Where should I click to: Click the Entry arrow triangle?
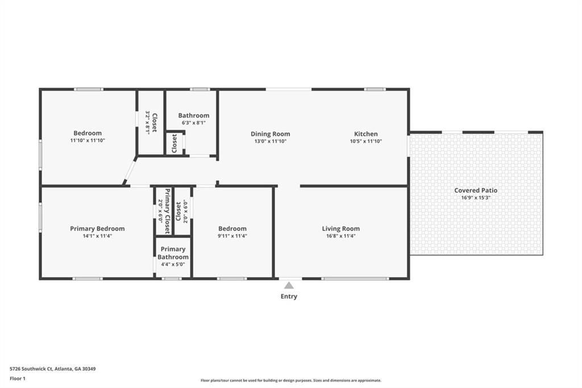(289, 286)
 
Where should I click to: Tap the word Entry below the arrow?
(289, 296)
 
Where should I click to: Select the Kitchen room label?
(366, 134)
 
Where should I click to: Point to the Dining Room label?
(270, 134)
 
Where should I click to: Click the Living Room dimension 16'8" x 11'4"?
(341, 236)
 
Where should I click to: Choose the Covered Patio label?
(476, 190)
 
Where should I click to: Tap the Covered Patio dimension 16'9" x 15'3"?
(476, 198)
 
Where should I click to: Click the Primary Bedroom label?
(97, 229)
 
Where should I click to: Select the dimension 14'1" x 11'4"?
(97, 236)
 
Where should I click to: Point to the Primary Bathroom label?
(173, 253)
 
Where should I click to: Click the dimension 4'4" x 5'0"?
(173, 264)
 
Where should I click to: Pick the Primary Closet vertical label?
(168, 211)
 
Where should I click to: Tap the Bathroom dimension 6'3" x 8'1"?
(193, 123)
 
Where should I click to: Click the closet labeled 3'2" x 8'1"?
(151, 122)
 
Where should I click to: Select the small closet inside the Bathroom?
(174, 143)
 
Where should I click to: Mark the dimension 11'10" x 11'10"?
(88, 141)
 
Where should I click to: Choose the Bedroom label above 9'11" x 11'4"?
(232, 229)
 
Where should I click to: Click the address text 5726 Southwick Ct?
(31, 369)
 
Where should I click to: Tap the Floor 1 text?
(18, 379)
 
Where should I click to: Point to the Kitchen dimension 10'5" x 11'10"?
(366, 141)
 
